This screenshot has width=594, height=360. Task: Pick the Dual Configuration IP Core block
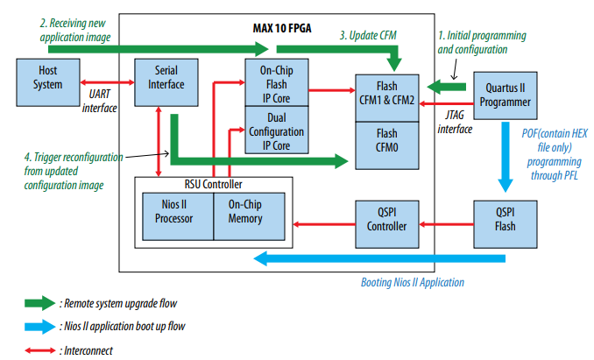pos(275,132)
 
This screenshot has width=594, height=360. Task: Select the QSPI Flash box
pos(504,219)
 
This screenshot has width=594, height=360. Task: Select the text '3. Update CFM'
pos(369,35)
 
